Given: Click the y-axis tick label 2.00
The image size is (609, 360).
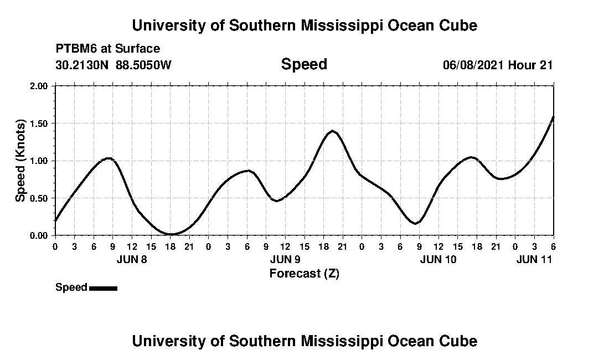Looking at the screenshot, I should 40,86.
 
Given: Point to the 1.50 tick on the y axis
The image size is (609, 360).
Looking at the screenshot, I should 40,124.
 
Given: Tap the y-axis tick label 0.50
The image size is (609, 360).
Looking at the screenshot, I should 40,198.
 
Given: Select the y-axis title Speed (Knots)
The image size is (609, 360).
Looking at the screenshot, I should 20,161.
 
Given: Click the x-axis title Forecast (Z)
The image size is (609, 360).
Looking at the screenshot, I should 304,273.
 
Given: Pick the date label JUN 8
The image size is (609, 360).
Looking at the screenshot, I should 132,259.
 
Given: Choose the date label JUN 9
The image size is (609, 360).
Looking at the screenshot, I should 285,259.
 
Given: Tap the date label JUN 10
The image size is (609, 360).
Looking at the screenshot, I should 438,259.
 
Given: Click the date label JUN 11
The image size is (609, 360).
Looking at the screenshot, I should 534,259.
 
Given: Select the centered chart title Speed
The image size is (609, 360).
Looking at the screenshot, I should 304,64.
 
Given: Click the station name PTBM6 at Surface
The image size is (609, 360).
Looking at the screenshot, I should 108,49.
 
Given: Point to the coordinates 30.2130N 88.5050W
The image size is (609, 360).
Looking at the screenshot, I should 113,65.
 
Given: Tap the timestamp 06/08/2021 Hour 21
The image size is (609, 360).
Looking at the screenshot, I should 498,65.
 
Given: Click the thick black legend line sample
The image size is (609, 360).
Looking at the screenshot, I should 103,288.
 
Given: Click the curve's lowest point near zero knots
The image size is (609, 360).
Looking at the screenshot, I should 171,234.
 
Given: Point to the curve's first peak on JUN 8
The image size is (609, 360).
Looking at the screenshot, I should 109,158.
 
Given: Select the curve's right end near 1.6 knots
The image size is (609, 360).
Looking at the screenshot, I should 553,117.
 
